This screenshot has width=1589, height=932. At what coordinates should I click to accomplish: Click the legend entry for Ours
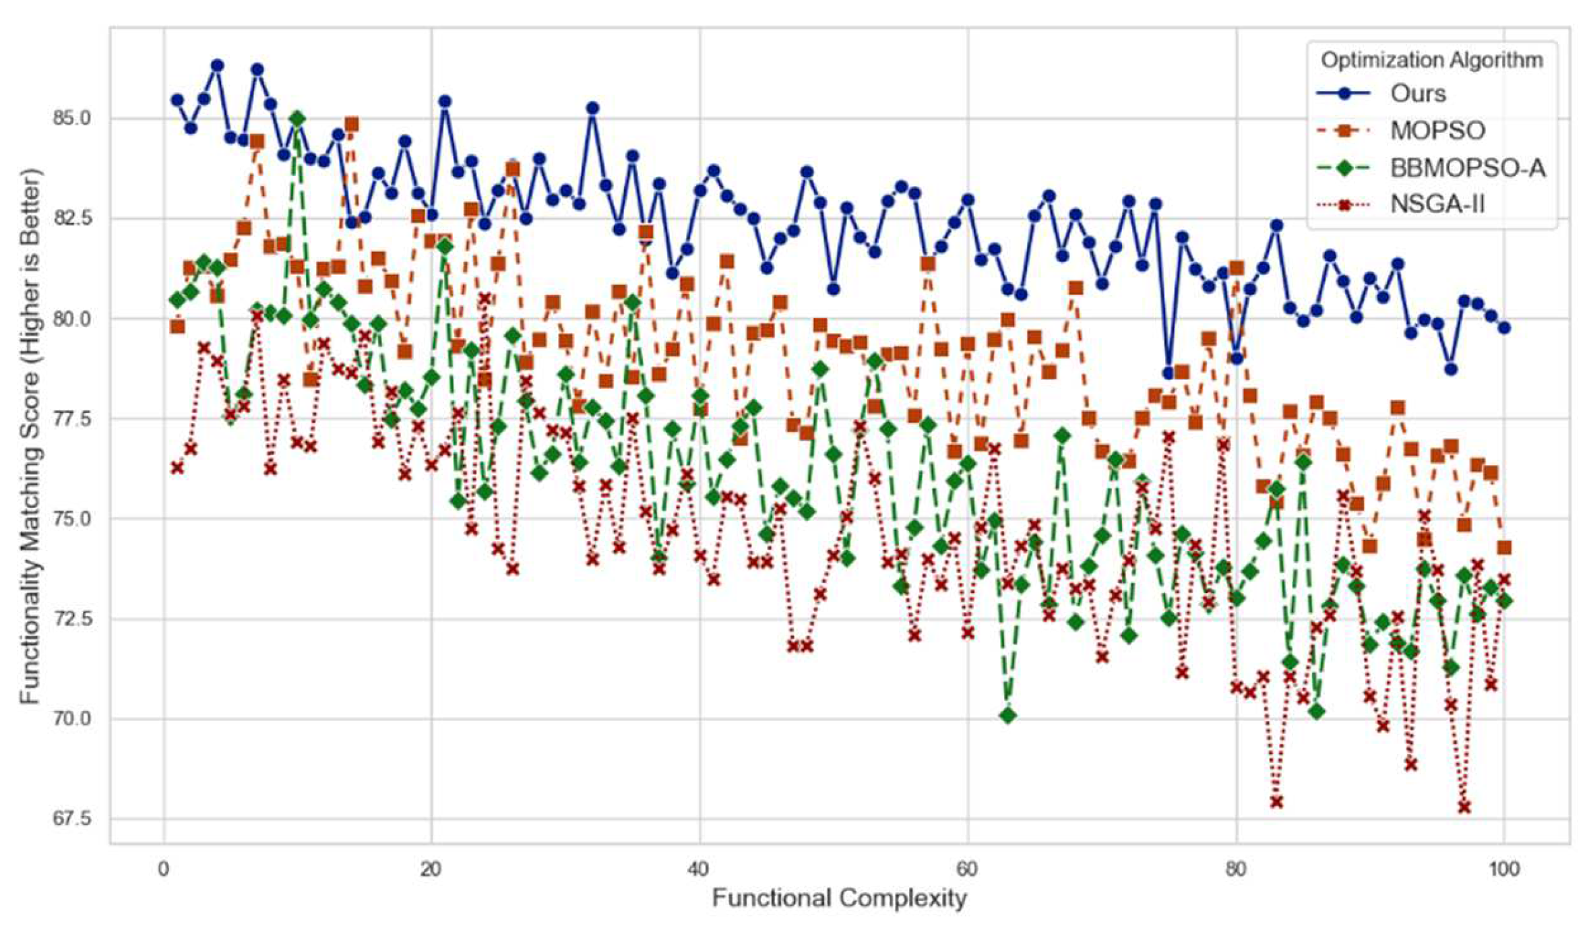tap(1418, 94)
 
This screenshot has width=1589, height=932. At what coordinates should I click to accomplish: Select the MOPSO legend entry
tap(1437, 130)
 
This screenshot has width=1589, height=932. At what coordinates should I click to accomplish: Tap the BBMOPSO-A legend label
tap(1467, 167)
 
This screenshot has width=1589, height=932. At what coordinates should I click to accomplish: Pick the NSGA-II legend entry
tap(1437, 204)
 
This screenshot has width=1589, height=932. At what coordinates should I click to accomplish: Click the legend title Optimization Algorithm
tap(1431, 60)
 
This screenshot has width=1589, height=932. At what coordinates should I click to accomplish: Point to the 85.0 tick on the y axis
tap(71, 119)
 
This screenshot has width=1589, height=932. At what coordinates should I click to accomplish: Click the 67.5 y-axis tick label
tap(71, 819)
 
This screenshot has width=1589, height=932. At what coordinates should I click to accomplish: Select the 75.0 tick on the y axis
tap(71, 519)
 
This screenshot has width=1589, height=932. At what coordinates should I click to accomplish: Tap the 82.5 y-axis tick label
tap(71, 219)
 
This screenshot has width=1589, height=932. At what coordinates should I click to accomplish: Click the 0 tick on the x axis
tap(164, 869)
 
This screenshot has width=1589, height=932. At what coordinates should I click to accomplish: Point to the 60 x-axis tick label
tap(967, 869)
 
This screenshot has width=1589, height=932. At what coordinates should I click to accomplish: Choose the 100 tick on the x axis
tap(1503, 869)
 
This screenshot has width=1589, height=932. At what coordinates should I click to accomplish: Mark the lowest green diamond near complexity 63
tap(1008, 716)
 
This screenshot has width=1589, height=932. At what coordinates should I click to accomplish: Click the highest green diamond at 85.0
tap(297, 119)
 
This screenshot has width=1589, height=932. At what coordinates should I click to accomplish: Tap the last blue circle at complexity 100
tap(1504, 328)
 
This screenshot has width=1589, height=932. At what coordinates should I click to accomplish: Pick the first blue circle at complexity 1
tap(177, 100)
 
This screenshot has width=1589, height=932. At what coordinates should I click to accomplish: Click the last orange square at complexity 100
tap(1504, 548)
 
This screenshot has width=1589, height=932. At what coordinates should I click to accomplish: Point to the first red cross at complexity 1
tap(177, 467)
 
